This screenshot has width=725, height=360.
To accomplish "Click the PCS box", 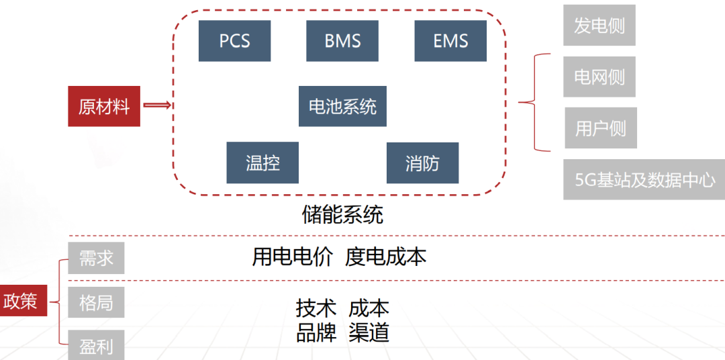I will pos(234,41).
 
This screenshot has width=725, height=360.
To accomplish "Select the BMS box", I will pos(342,41).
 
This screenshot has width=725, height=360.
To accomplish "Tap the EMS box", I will pos(450,41).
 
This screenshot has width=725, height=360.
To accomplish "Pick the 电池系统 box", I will pos(342,106).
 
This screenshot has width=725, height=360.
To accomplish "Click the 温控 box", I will pos(262,163).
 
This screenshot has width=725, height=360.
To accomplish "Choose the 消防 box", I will pos(422,163).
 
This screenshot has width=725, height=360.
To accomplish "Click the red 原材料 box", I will pos(104,106).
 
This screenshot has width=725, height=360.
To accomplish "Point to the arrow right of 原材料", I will pos(158,105).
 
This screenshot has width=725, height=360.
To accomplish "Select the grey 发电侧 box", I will pos(599,26).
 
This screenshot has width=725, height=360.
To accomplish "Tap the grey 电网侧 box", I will pos(599,77).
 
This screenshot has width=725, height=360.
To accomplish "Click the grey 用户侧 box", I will pos(600,128).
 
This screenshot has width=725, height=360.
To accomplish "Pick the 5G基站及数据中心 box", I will pos(644,179).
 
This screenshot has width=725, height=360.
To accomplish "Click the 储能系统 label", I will pos(342,215).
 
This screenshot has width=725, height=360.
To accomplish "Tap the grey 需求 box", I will pos(96,258).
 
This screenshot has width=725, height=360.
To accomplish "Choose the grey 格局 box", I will pos(96,302).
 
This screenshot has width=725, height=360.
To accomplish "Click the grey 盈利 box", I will pos(96,346).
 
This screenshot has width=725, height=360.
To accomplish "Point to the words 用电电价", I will pos(292,257).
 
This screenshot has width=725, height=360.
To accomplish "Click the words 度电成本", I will pos(385,257).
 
